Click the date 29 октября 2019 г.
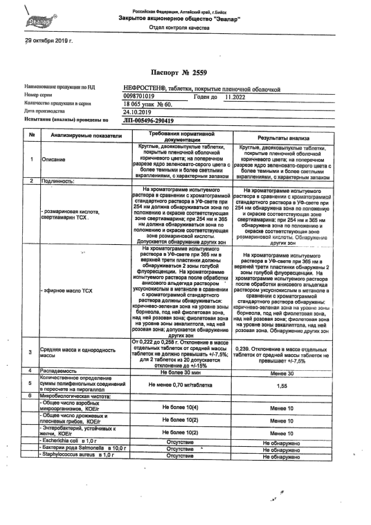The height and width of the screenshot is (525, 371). (49, 41)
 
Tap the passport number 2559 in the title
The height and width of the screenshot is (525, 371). (199, 73)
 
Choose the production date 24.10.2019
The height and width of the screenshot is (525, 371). (137, 112)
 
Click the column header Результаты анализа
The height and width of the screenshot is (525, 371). (284, 138)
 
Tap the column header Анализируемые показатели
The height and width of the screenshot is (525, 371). (86, 136)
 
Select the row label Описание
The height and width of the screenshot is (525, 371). (54, 160)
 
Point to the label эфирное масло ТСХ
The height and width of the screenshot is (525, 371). (67, 291)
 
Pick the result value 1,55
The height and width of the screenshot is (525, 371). (282, 386)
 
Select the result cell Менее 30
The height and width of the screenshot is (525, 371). (282, 373)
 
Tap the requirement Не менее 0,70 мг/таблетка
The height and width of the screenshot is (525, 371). (180, 385)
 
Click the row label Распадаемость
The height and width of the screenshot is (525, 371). (58, 371)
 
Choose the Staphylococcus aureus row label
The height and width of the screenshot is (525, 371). (77, 454)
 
